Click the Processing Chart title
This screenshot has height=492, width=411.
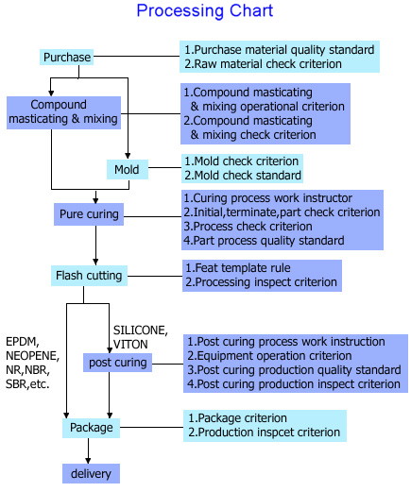(205, 10)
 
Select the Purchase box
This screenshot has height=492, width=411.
(66, 58)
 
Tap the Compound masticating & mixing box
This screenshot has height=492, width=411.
(63, 112)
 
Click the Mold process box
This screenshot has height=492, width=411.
(128, 169)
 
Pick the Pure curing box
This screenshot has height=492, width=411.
(89, 214)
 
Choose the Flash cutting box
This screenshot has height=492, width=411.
(89, 276)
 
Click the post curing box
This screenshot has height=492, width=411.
(117, 363)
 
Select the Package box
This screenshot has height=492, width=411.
(91, 428)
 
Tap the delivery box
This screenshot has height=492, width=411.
(91, 473)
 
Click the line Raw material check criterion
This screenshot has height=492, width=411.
(263, 64)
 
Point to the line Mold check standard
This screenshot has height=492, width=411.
(243, 176)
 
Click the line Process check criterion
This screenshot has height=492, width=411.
(248, 227)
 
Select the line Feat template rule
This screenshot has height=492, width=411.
(238, 268)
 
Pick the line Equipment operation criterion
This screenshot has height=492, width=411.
(269, 356)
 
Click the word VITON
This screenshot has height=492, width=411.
(130, 345)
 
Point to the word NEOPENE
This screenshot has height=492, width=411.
(32, 356)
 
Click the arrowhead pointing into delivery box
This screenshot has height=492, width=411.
(88, 461)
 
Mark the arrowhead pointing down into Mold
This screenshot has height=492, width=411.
(128, 156)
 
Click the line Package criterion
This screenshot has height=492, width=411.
(237, 418)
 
